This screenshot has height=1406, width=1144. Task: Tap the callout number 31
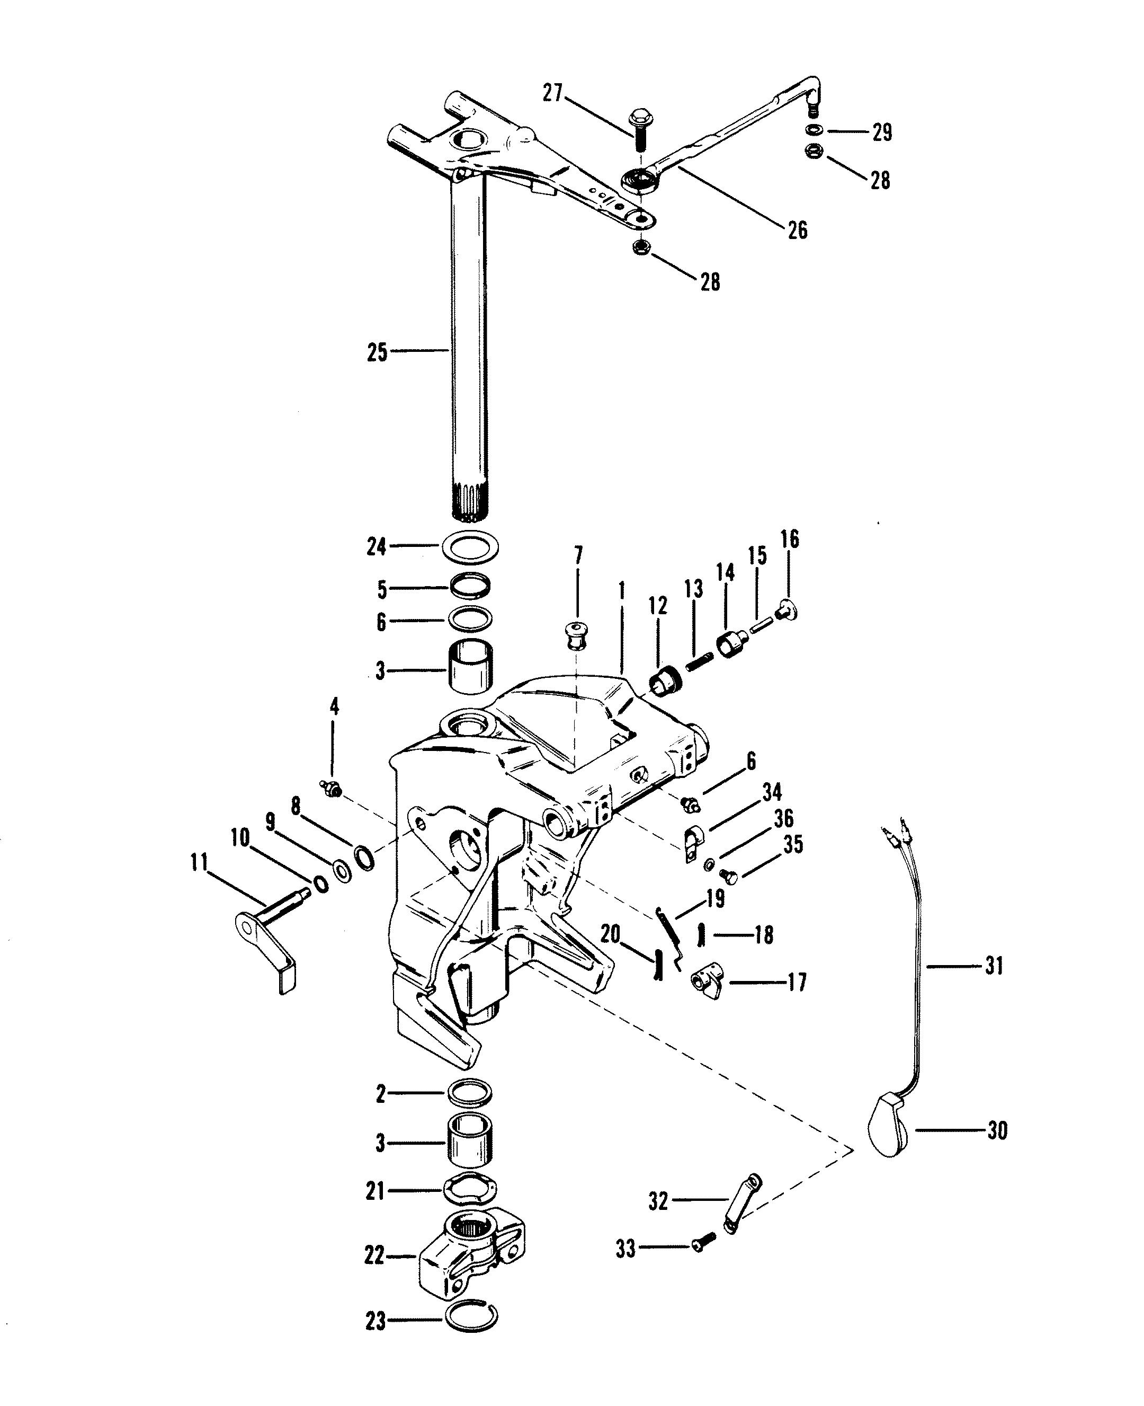pyautogui.click(x=993, y=967)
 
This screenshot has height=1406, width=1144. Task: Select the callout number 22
pyautogui.click(x=374, y=1255)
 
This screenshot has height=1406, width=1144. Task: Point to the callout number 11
pyautogui.click(x=199, y=863)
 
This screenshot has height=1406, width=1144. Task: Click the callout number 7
pyautogui.click(x=578, y=556)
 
